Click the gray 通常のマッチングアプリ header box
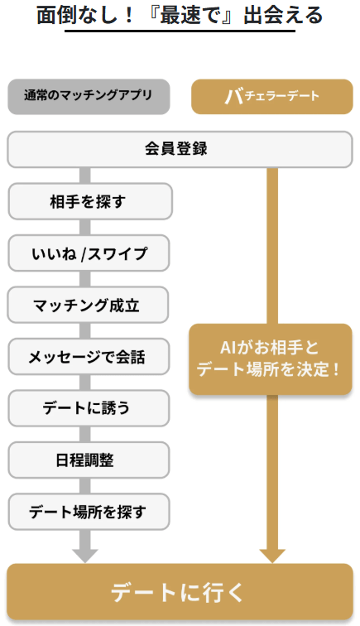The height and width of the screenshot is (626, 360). click(x=89, y=97)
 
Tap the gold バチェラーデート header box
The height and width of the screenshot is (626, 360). click(x=272, y=97)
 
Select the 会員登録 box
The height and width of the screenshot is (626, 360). click(x=180, y=149)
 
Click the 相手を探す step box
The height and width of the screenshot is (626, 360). click(x=90, y=201)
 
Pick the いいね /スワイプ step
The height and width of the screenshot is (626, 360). click(x=89, y=253)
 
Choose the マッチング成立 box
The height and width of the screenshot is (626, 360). click(x=88, y=305)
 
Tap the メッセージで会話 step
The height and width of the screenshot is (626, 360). click(x=89, y=357)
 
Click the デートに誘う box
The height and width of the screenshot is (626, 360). click(x=89, y=408)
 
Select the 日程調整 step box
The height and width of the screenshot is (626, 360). click(x=89, y=460)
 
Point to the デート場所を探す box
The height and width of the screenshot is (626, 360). click(x=89, y=512)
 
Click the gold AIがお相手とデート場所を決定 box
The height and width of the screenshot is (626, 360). click(x=271, y=359)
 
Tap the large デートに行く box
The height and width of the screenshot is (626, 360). click(x=180, y=592)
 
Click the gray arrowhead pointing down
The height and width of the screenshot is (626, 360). click(x=85, y=556)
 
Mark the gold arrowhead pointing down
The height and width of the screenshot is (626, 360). click(x=272, y=556)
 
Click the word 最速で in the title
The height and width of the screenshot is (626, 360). click(x=195, y=15)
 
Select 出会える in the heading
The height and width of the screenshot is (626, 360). click(x=283, y=15)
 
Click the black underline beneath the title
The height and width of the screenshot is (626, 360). click(x=180, y=31)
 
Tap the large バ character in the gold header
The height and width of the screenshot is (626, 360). click(x=234, y=97)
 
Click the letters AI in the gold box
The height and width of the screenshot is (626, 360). click(x=228, y=348)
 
